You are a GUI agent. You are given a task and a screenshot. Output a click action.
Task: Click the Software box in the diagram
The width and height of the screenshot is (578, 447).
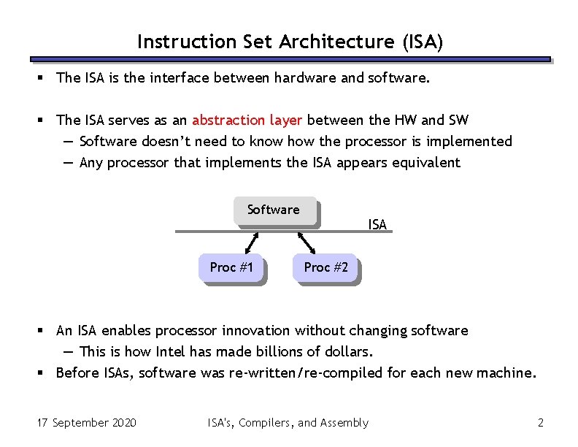274,210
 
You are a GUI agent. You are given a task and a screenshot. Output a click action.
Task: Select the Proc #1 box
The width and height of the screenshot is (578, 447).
231,267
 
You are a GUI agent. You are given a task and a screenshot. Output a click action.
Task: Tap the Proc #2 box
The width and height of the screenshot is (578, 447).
325,267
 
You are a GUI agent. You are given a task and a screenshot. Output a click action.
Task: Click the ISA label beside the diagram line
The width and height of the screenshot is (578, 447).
377,224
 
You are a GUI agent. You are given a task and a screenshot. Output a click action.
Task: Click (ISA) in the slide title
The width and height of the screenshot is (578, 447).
422,42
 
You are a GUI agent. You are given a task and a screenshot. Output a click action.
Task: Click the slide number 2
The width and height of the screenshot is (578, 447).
541,422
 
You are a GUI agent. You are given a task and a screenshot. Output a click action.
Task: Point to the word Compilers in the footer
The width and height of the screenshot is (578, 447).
266,422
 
